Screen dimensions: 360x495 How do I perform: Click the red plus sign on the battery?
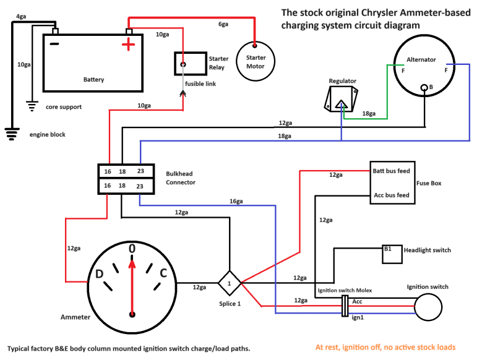point(128,45)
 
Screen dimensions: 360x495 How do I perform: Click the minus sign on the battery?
point(54,45)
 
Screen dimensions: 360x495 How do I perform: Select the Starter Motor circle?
point(256,62)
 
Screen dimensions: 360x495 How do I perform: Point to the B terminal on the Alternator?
point(424,87)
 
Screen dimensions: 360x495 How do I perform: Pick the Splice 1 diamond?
point(228,283)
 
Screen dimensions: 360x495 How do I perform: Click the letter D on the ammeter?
point(98,275)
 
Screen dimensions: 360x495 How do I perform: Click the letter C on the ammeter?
point(163,274)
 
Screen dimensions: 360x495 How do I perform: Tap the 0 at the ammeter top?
point(132,249)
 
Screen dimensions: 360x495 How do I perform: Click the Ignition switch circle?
point(428,306)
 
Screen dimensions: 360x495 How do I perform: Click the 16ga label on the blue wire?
point(236,201)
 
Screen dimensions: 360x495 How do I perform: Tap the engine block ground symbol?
point(11,132)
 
